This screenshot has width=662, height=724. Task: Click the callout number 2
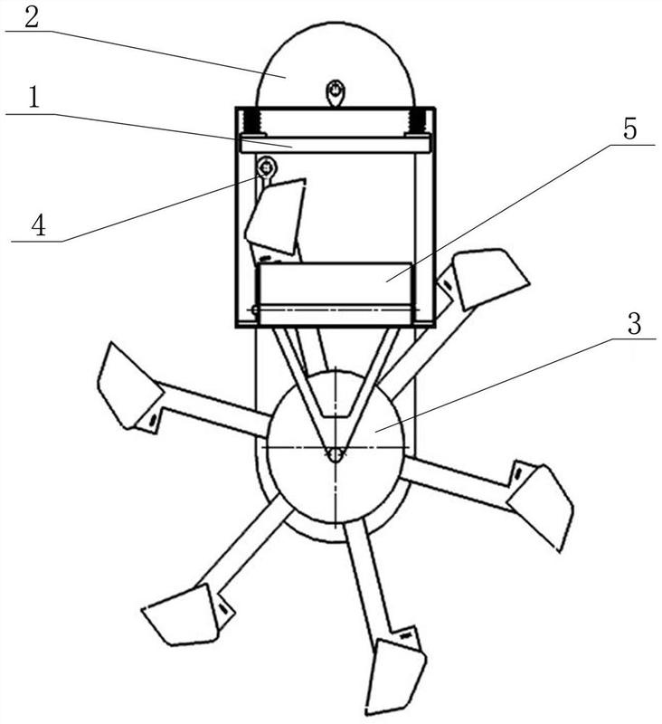[x=32, y=17]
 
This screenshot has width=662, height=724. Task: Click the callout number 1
[x=33, y=98]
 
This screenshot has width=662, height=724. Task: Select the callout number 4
[x=38, y=225]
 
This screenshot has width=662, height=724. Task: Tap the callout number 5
[x=629, y=129]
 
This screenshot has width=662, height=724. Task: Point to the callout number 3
[x=634, y=324]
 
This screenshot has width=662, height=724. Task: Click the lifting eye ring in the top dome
[x=335, y=92]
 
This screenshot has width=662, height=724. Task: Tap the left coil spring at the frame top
[x=252, y=121]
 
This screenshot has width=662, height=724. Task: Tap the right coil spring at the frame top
[x=418, y=121]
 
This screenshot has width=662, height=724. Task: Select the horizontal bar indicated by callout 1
[x=336, y=145]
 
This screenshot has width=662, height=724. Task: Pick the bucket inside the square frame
[x=276, y=216]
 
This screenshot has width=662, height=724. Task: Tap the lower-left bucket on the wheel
[x=181, y=615]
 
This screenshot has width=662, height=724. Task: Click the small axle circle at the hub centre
[x=336, y=453]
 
